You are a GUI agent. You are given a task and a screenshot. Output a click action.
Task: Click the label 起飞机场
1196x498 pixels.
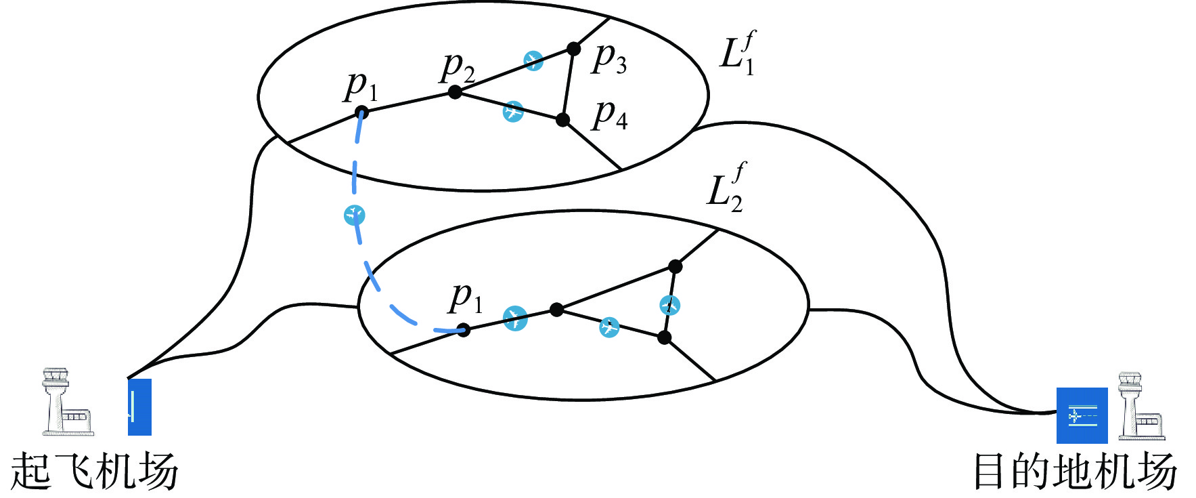(94, 472)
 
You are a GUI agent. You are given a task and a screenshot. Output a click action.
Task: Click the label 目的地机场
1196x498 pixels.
(1074, 472)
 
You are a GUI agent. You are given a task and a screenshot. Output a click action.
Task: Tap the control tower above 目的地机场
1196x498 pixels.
(1140, 407)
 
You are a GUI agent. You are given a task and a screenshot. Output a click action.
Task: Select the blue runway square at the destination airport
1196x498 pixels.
(1082, 415)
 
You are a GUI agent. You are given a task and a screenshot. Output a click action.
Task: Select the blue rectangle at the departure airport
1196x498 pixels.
(139, 407)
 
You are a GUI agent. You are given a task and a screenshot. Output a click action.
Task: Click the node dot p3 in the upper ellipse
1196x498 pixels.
(573, 49)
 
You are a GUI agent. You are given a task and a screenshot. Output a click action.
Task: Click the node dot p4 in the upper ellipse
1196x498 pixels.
(562, 120)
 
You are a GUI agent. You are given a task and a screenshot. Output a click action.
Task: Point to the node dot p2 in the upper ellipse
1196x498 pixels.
(456, 91)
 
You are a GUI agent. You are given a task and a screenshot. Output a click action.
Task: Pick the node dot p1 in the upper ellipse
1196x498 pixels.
(362, 112)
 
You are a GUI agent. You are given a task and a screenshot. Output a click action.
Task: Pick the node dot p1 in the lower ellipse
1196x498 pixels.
(464, 330)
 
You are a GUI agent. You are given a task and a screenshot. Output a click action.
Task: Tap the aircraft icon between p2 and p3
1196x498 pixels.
(533, 61)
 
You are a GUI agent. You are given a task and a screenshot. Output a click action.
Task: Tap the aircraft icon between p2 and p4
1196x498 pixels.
(513, 110)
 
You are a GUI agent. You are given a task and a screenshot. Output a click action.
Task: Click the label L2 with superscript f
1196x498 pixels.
(726, 188)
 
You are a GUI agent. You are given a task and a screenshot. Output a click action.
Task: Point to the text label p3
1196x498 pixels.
(609, 58)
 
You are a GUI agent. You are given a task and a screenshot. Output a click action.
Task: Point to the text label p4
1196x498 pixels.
(610, 115)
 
